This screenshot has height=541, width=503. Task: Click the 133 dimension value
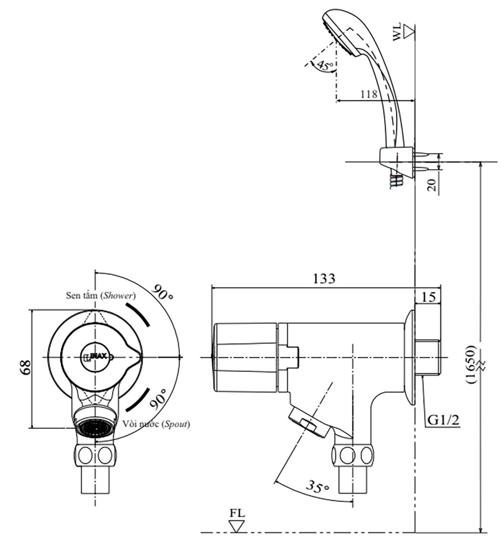coord(324,278)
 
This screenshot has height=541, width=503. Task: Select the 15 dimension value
coord(428,296)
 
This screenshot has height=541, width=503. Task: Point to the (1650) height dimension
coord(471,364)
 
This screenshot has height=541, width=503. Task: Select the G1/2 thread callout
coord(442,419)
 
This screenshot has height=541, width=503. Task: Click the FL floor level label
coord(237,514)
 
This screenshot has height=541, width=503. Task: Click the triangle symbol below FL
coord(236,526)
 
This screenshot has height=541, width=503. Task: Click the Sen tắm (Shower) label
coord(101,295)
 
